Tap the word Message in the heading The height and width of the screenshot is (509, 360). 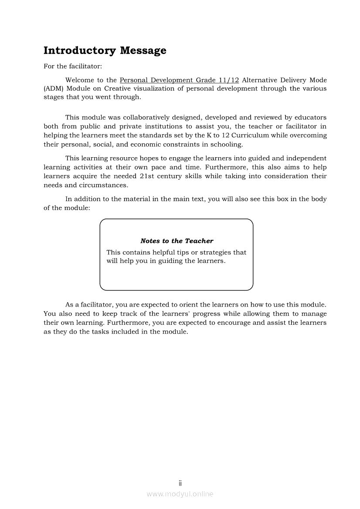pyautogui.click(x=143, y=51)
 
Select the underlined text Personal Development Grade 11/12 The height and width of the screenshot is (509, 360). pyautogui.click(x=179, y=80)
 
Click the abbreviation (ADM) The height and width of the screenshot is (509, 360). pyautogui.click(x=52, y=89)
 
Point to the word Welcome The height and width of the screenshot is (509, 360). pyautogui.click(x=80, y=80)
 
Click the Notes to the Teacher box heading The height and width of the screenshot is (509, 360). pyautogui.click(x=177, y=241)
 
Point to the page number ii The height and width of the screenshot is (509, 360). pyautogui.click(x=180, y=483)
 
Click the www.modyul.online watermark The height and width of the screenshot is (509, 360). pyautogui.click(x=180, y=494)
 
